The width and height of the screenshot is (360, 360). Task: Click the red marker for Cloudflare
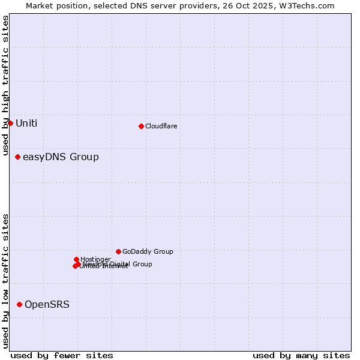[x=141, y=126]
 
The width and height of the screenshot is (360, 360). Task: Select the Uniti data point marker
[x=10, y=123]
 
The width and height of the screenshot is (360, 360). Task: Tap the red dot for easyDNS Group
[x=17, y=157]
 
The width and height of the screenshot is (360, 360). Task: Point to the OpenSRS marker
[x=19, y=304]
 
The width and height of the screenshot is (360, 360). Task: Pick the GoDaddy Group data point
[x=118, y=251]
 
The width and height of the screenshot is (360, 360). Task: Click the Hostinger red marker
[x=76, y=259]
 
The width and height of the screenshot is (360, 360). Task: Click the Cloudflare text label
[x=161, y=126]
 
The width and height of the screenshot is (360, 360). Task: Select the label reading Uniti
[x=26, y=124]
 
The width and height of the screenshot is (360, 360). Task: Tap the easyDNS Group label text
[x=61, y=157]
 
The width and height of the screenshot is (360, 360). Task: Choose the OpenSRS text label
[x=47, y=305]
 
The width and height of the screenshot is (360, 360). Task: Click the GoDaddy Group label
[x=148, y=252]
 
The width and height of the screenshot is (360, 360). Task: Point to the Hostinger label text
[x=95, y=259]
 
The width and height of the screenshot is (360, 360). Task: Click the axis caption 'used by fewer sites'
[x=62, y=355]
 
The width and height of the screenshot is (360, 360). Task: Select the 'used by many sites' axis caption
[x=301, y=355]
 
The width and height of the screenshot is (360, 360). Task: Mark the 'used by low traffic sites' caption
[x=5, y=281]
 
